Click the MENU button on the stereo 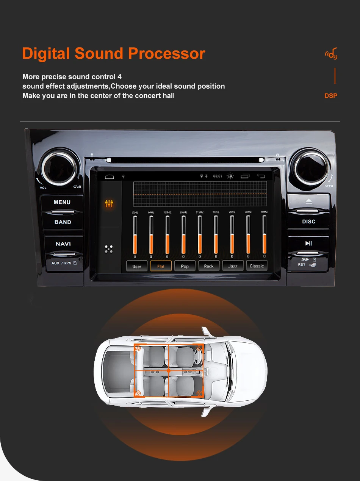[62, 202]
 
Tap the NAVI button [63, 244]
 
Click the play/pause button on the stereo [308, 244]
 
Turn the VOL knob [59, 168]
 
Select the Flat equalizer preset [161, 266]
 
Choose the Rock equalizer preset [209, 266]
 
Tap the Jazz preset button [233, 266]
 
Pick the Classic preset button [257, 266]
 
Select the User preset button [137, 266]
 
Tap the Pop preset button [185, 266]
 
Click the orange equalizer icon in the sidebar [109, 204]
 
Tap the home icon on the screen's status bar [110, 176]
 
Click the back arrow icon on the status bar [261, 176]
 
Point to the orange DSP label [331, 96]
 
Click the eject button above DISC [308, 201]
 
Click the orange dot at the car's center [169, 371]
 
